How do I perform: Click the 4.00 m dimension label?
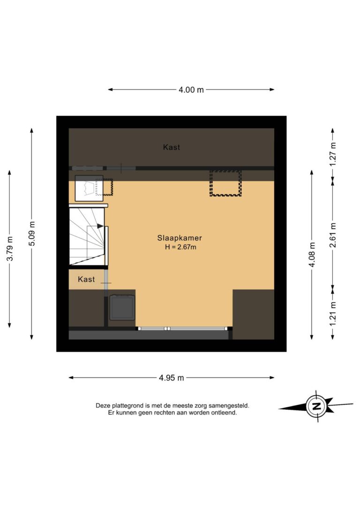click(191, 90)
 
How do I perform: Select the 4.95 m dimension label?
click(171, 378)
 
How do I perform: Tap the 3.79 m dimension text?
click(10, 250)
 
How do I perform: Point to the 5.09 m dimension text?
click(32, 233)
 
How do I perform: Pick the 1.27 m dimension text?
click(333, 154)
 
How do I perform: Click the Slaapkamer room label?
click(180, 238)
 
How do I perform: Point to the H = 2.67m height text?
click(180, 247)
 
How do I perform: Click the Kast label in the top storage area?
click(171, 147)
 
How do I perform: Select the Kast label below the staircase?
click(86, 279)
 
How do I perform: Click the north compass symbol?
click(316, 406)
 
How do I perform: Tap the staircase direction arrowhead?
click(100, 226)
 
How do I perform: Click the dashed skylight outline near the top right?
click(225, 183)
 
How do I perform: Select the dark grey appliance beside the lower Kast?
click(122, 307)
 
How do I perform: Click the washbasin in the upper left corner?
click(89, 188)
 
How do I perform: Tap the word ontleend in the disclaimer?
click(225, 413)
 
